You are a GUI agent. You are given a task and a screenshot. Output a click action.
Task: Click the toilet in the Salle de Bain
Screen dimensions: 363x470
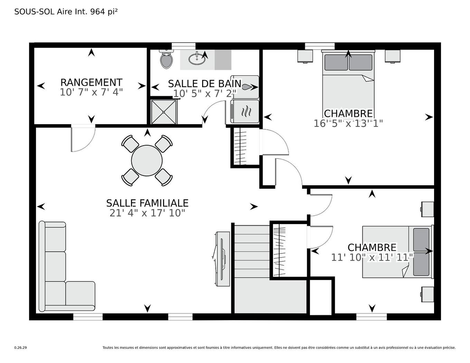point(166,59)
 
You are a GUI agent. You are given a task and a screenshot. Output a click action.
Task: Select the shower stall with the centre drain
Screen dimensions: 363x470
point(164,111)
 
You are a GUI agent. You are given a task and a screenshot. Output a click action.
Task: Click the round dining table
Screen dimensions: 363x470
point(147,160)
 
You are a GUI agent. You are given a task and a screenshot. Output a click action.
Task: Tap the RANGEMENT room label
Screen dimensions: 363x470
point(91,83)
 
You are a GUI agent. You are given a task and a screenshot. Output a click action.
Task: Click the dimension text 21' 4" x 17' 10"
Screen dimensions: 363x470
point(147,213)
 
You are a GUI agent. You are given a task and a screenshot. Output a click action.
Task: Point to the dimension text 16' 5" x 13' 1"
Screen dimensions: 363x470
point(348,123)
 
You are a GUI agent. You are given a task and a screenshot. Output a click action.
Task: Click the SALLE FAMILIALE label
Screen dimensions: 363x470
point(147,203)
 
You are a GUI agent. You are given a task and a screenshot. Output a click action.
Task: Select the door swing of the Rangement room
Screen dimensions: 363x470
point(82,138)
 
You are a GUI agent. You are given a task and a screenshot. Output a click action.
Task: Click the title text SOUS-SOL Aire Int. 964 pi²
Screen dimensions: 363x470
point(66,12)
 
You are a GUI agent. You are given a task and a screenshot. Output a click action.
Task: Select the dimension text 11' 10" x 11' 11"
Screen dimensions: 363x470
point(372,258)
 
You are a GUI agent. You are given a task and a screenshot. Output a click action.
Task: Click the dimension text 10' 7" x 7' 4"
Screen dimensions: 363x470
point(91,92)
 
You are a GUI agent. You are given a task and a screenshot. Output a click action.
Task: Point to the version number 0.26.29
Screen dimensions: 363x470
point(20,348)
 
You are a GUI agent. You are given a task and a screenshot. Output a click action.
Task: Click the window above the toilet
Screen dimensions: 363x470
point(184,46)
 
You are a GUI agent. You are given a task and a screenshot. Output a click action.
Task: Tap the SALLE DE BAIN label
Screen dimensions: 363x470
point(205,84)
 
